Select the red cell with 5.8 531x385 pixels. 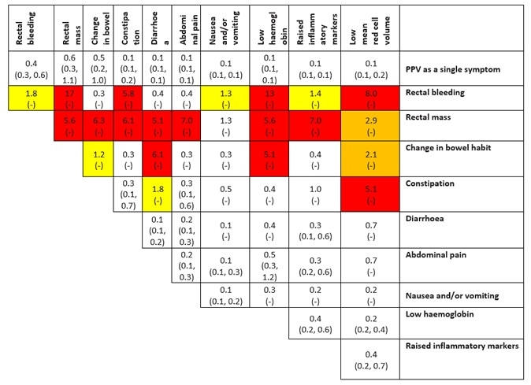[x=128, y=98]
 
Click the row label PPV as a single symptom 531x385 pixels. [x=451, y=69]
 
